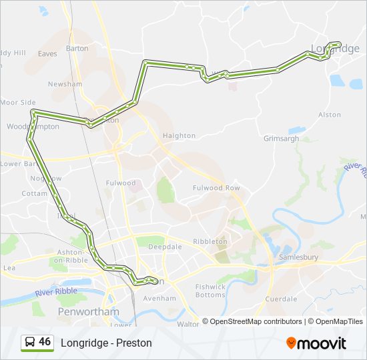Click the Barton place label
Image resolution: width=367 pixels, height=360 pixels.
click(x=77, y=48)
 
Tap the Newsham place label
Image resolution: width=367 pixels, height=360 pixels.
click(x=65, y=84)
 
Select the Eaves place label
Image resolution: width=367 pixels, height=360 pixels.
click(x=47, y=53)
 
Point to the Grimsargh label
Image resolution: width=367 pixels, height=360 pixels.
click(x=281, y=138)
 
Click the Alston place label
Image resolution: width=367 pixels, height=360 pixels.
click(x=330, y=115)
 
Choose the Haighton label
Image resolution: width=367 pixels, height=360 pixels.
click(x=179, y=135)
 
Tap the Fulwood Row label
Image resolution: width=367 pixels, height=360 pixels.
click(x=216, y=188)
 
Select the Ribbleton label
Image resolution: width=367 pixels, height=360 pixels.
click(x=210, y=241)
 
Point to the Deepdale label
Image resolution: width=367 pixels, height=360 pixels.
click(x=165, y=247)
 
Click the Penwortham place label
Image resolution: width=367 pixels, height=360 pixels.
click(x=89, y=311)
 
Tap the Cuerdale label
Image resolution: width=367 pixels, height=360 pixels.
click(x=281, y=299)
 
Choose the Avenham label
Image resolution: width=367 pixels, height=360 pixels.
click(x=159, y=298)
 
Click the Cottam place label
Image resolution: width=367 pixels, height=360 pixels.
click(x=34, y=193)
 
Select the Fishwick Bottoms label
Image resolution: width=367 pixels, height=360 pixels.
click(x=210, y=290)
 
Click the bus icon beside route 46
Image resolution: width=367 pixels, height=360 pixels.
click(x=30, y=342)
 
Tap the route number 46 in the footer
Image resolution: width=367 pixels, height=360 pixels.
click(x=45, y=342)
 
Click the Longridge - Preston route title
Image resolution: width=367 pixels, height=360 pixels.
click(x=106, y=343)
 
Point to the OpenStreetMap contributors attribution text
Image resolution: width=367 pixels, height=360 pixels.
click(x=256, y=321)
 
